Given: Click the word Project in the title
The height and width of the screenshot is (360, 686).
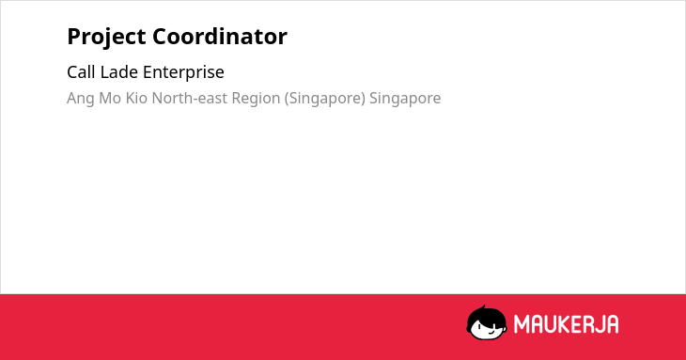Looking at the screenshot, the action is point(106,38).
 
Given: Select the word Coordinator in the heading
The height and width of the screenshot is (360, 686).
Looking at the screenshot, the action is point(220,37).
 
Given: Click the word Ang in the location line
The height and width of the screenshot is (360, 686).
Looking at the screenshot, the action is point(81,99).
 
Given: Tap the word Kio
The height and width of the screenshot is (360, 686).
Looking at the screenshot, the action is point(136,98).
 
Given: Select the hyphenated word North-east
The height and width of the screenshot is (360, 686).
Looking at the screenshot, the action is point(190,98).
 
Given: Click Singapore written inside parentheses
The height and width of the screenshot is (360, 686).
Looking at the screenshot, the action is point(325,99).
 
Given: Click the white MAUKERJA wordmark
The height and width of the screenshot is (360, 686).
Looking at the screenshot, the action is point(566,324).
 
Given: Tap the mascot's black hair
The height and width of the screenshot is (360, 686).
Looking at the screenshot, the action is point(486,315).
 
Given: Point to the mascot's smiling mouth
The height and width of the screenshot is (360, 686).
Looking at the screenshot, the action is point(491,333).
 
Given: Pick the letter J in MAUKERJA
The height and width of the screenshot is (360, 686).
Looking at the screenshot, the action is point(598,324).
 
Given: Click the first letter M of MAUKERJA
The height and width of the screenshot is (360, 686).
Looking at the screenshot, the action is point(521,324).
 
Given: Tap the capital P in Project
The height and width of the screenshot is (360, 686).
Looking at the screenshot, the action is point(73,37).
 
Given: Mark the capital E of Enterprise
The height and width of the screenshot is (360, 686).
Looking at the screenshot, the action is point(148,72).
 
